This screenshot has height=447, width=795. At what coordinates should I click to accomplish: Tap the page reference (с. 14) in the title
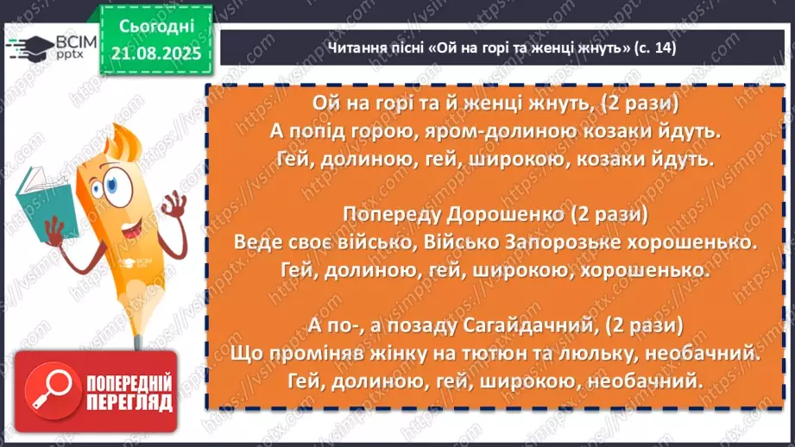click(653, 47)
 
